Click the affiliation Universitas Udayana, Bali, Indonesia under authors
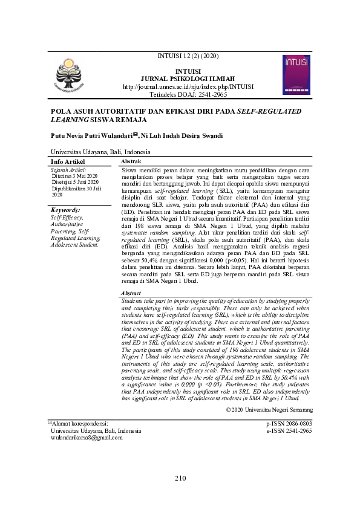click(100, 152)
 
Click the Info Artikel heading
click(68, 162)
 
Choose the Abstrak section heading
click(131, 163)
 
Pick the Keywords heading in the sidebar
click(67, 210)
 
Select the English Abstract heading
click(133, 293)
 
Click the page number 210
click(180, 478)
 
